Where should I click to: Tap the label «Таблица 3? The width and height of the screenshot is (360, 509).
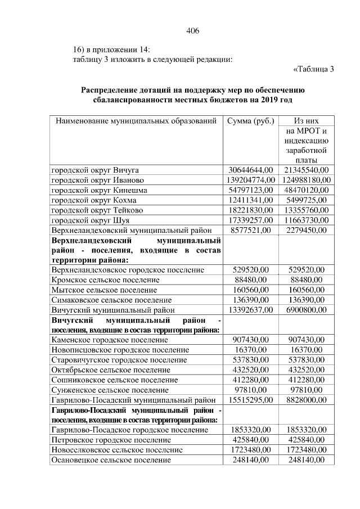(x=314, y=69)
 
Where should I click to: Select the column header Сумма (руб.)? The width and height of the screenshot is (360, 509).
(x=250, y=121)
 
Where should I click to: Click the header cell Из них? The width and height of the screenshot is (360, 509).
(x=307, y=121)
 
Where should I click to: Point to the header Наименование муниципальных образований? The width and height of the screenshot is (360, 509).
(x=135, y=121)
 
